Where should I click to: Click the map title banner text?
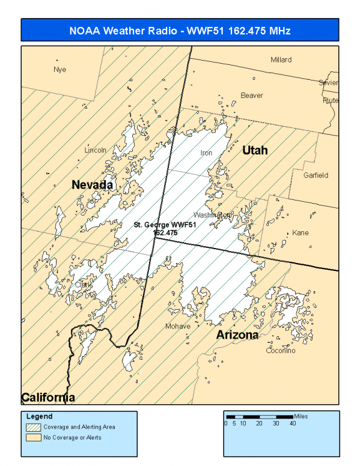(x=180, y=30)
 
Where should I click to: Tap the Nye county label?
(x=59, y=69)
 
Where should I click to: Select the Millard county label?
(x=281, y=60)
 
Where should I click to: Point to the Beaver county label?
(x=251, y=95)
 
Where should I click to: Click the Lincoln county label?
(x=96, y=150)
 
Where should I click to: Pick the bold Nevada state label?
(x=92, y=185)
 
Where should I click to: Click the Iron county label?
(x=206, y=153)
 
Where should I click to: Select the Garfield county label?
(x=316, y=175)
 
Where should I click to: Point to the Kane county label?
(x=300, y=232)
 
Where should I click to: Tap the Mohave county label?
(x=177, y=326)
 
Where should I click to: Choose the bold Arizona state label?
(x=237, y=334)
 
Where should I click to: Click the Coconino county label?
(x=281, y=351)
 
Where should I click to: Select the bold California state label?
(x=48, y=397)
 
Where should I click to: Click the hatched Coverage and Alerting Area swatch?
(x=33, y=427)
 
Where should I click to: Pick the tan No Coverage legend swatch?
(x=33, y=437)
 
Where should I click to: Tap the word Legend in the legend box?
(x=39, y=416)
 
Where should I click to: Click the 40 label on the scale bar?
(x=293, y=423)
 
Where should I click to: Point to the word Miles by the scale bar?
(x=302, y=416)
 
